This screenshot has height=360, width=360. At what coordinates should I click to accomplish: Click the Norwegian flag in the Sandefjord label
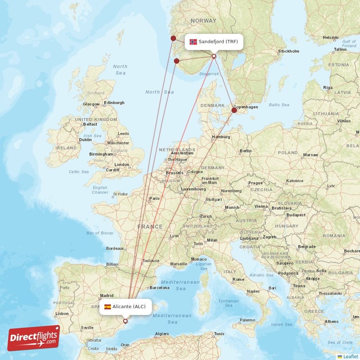(193, 42)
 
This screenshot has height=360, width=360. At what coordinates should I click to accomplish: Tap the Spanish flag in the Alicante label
(108, 307)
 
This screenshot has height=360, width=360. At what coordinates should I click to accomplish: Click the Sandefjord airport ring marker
(214, 56)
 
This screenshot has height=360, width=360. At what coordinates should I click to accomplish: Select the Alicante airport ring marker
(125, 321)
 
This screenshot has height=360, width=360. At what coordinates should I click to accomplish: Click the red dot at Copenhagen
(234, 110)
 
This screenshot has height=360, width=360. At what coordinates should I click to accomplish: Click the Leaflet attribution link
(350, 356)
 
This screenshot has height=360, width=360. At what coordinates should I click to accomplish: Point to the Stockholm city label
(288, 51)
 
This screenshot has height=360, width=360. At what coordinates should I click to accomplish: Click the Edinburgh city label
(114, 103)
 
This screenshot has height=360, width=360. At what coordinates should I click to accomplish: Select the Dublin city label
(85, 139)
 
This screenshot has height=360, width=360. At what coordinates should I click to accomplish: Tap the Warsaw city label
(310, 155)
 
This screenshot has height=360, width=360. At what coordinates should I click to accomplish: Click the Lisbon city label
(62, 314)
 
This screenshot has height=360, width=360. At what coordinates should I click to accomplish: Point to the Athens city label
(332, 322)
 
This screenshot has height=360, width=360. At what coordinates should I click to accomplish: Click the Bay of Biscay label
(100, 233)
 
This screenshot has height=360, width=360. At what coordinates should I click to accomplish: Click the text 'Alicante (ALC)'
(129, 307)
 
